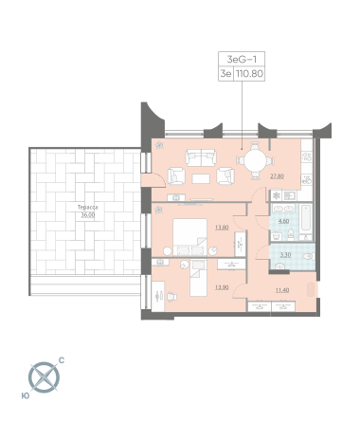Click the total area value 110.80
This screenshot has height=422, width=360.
coord(249,74)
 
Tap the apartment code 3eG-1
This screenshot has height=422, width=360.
coord(242,59)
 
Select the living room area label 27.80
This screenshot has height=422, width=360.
coord(277,176)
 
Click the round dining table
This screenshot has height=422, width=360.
coord(256,161)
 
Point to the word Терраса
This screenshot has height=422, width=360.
coord(87,208)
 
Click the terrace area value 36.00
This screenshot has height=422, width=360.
coord(87,215)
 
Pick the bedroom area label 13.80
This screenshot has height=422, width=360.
coord(222,227)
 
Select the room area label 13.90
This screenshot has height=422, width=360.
coord(222,287)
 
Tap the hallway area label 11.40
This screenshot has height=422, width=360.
coord(282,290)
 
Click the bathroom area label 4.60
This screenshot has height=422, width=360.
coord(283,221)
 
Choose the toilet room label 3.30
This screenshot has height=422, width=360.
coord(285,254)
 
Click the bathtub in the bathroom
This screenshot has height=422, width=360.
coord(306,218)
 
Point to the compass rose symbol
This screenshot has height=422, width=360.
coord(44,377)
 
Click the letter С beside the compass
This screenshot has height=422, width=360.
coord(62,360)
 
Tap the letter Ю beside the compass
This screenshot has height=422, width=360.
coord(26,395)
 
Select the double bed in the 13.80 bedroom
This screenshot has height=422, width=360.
coord(190,237)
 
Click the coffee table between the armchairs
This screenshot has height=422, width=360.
coord(201,178)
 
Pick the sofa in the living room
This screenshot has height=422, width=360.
coord(201,157)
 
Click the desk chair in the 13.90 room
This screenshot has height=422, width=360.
coord(171,296)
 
